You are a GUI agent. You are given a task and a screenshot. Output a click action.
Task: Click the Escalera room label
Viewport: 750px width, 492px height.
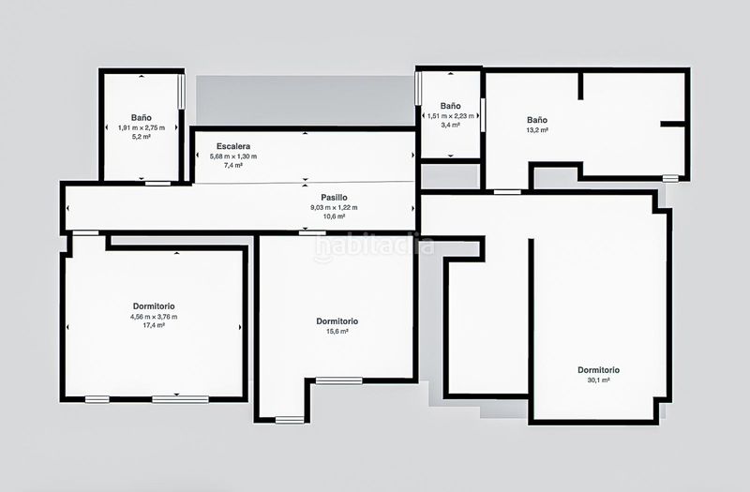(x=233, y=146)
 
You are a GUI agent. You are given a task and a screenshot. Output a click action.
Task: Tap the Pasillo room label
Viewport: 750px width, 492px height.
(x=334, y=198)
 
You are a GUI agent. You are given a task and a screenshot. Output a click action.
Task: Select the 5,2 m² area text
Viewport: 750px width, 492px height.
(x=142, y=137)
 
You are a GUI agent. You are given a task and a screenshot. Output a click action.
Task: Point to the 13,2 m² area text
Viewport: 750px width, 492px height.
(x=537, y=130)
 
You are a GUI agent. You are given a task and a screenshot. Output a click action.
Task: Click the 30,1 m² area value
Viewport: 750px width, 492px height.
(x=598, y=380)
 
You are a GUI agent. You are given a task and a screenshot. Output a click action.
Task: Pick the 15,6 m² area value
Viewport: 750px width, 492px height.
(x=337, y=332)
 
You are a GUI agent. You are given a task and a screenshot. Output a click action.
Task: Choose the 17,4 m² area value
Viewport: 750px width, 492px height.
(x=154, y=325)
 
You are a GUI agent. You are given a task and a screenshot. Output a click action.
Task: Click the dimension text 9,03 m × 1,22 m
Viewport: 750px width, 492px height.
(x=334, y=207)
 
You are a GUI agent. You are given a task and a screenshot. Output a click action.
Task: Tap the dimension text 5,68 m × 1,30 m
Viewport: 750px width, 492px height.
(x=233, y=157)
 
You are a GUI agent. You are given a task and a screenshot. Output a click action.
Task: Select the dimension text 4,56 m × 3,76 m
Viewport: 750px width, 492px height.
(x=154, y=317)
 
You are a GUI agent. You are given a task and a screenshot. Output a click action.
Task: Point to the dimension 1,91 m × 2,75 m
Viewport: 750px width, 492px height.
(x=142, y=127)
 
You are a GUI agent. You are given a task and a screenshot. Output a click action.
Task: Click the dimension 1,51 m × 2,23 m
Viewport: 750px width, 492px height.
(x=451, y=115)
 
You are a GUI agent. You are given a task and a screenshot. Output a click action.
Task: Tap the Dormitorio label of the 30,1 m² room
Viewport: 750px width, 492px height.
(x=598, y=370)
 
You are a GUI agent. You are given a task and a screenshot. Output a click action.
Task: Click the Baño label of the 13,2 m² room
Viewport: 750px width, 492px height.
(x=537, y=120)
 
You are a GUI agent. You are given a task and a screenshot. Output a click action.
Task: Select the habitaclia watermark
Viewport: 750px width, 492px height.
(x=374, y=246)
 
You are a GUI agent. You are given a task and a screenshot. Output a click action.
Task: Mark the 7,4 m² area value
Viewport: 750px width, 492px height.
(x=233, y=166)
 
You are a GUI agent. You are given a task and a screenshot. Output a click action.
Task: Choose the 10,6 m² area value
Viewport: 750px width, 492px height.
(x=334, y=216)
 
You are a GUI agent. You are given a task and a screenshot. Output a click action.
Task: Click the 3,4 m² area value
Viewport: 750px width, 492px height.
(x=451, y=125)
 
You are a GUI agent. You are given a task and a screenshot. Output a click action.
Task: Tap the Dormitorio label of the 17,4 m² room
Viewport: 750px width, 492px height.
(x=154, y=306)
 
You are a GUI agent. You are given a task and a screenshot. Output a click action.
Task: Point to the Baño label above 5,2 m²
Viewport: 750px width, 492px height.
(x=142, y=118)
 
